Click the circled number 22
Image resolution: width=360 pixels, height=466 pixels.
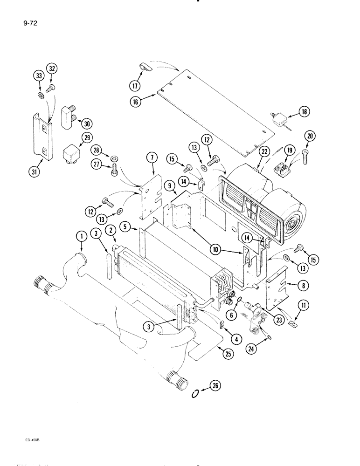point(264,151)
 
